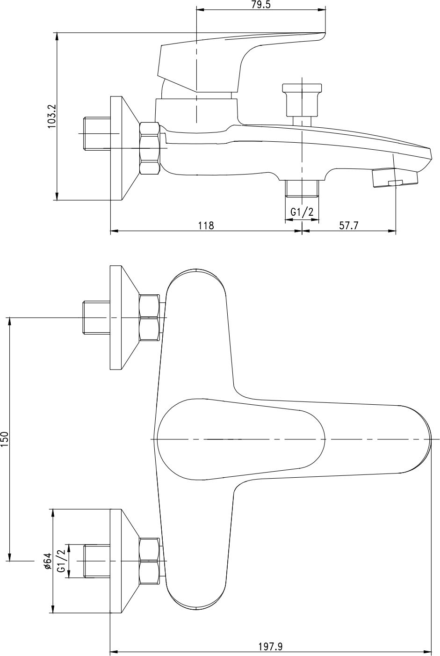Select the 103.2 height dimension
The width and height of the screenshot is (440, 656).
click(x=52, y=116)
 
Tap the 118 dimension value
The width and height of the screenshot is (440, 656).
click(x=206, y=226)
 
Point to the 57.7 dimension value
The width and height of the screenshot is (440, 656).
click(x=348, y=226)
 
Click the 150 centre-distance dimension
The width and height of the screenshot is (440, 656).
click(x=5, y=440)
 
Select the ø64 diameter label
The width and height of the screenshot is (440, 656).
click(x=47, y=561)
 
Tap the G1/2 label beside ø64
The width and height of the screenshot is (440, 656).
click(x=61, y=561)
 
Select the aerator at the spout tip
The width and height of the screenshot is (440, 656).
click(x=394, y=178)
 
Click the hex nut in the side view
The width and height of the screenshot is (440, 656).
click(x=150, y=148)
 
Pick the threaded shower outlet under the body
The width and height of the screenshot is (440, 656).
click(x=302, y=189)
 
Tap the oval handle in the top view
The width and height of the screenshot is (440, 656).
click(x=241, y=439)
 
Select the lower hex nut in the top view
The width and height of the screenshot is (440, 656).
click(x=150, y=561)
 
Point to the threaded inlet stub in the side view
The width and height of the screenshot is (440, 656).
click(x=96, y=133)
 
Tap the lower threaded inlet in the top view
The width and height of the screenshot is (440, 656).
click(x=96, y=561)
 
